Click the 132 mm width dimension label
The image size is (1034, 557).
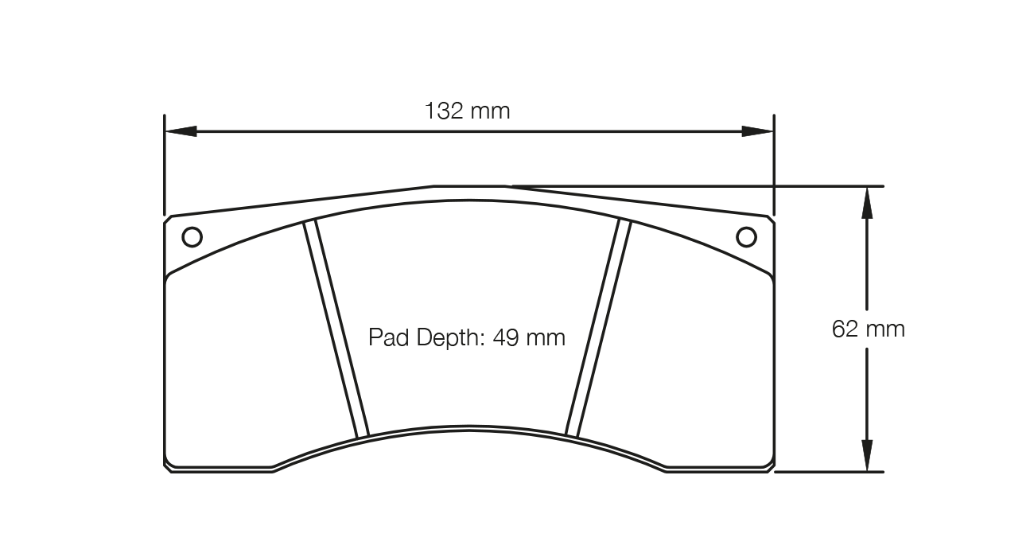pos(467,111)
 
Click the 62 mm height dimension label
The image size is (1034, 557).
pos(868,329)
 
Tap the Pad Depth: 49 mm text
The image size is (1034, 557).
pos(466,337)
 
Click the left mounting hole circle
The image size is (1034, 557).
pos(192,237)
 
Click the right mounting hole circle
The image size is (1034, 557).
pos(746,237)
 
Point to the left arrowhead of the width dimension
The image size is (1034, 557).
pos(181,131)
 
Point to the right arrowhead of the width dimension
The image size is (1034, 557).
pos(757,131)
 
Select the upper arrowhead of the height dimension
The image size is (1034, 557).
pos(867,202)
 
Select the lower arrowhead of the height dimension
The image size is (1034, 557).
pos(867,455)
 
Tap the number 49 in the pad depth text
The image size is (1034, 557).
pos(506,337)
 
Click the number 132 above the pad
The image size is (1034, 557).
pos(444,111)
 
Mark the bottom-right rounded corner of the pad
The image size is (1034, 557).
pos(769,465)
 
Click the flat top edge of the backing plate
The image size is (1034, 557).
pos(469,186)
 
